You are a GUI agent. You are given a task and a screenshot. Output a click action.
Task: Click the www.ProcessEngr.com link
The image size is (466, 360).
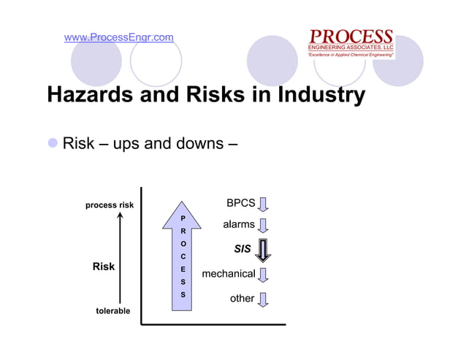pos(119,37)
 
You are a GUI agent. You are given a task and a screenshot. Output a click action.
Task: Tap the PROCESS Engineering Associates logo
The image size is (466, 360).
pos(351,43)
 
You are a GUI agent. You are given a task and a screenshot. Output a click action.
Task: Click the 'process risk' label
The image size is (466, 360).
pos(110,205)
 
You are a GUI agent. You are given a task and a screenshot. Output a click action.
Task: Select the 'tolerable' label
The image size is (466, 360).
pos(113,311)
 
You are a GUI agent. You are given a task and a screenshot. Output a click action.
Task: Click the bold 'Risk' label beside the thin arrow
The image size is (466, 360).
pos(104,267)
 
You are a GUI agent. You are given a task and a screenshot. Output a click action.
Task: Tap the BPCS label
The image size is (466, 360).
pos(240,202)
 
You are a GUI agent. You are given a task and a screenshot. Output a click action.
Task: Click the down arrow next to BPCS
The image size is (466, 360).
pos(263,203)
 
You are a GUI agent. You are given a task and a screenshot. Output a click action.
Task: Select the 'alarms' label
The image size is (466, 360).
pos(239,225)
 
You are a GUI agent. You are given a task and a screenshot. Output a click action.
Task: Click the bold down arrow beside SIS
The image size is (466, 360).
pos(263,250)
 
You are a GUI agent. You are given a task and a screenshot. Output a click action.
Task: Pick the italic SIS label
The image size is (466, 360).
pos(242,250)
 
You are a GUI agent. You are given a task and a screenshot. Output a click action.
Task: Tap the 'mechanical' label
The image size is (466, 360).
pos(228,274)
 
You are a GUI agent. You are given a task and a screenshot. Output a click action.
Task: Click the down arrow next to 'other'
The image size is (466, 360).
pos(263,299)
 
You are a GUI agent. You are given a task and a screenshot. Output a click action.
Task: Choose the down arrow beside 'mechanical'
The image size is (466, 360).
pos(263,275)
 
